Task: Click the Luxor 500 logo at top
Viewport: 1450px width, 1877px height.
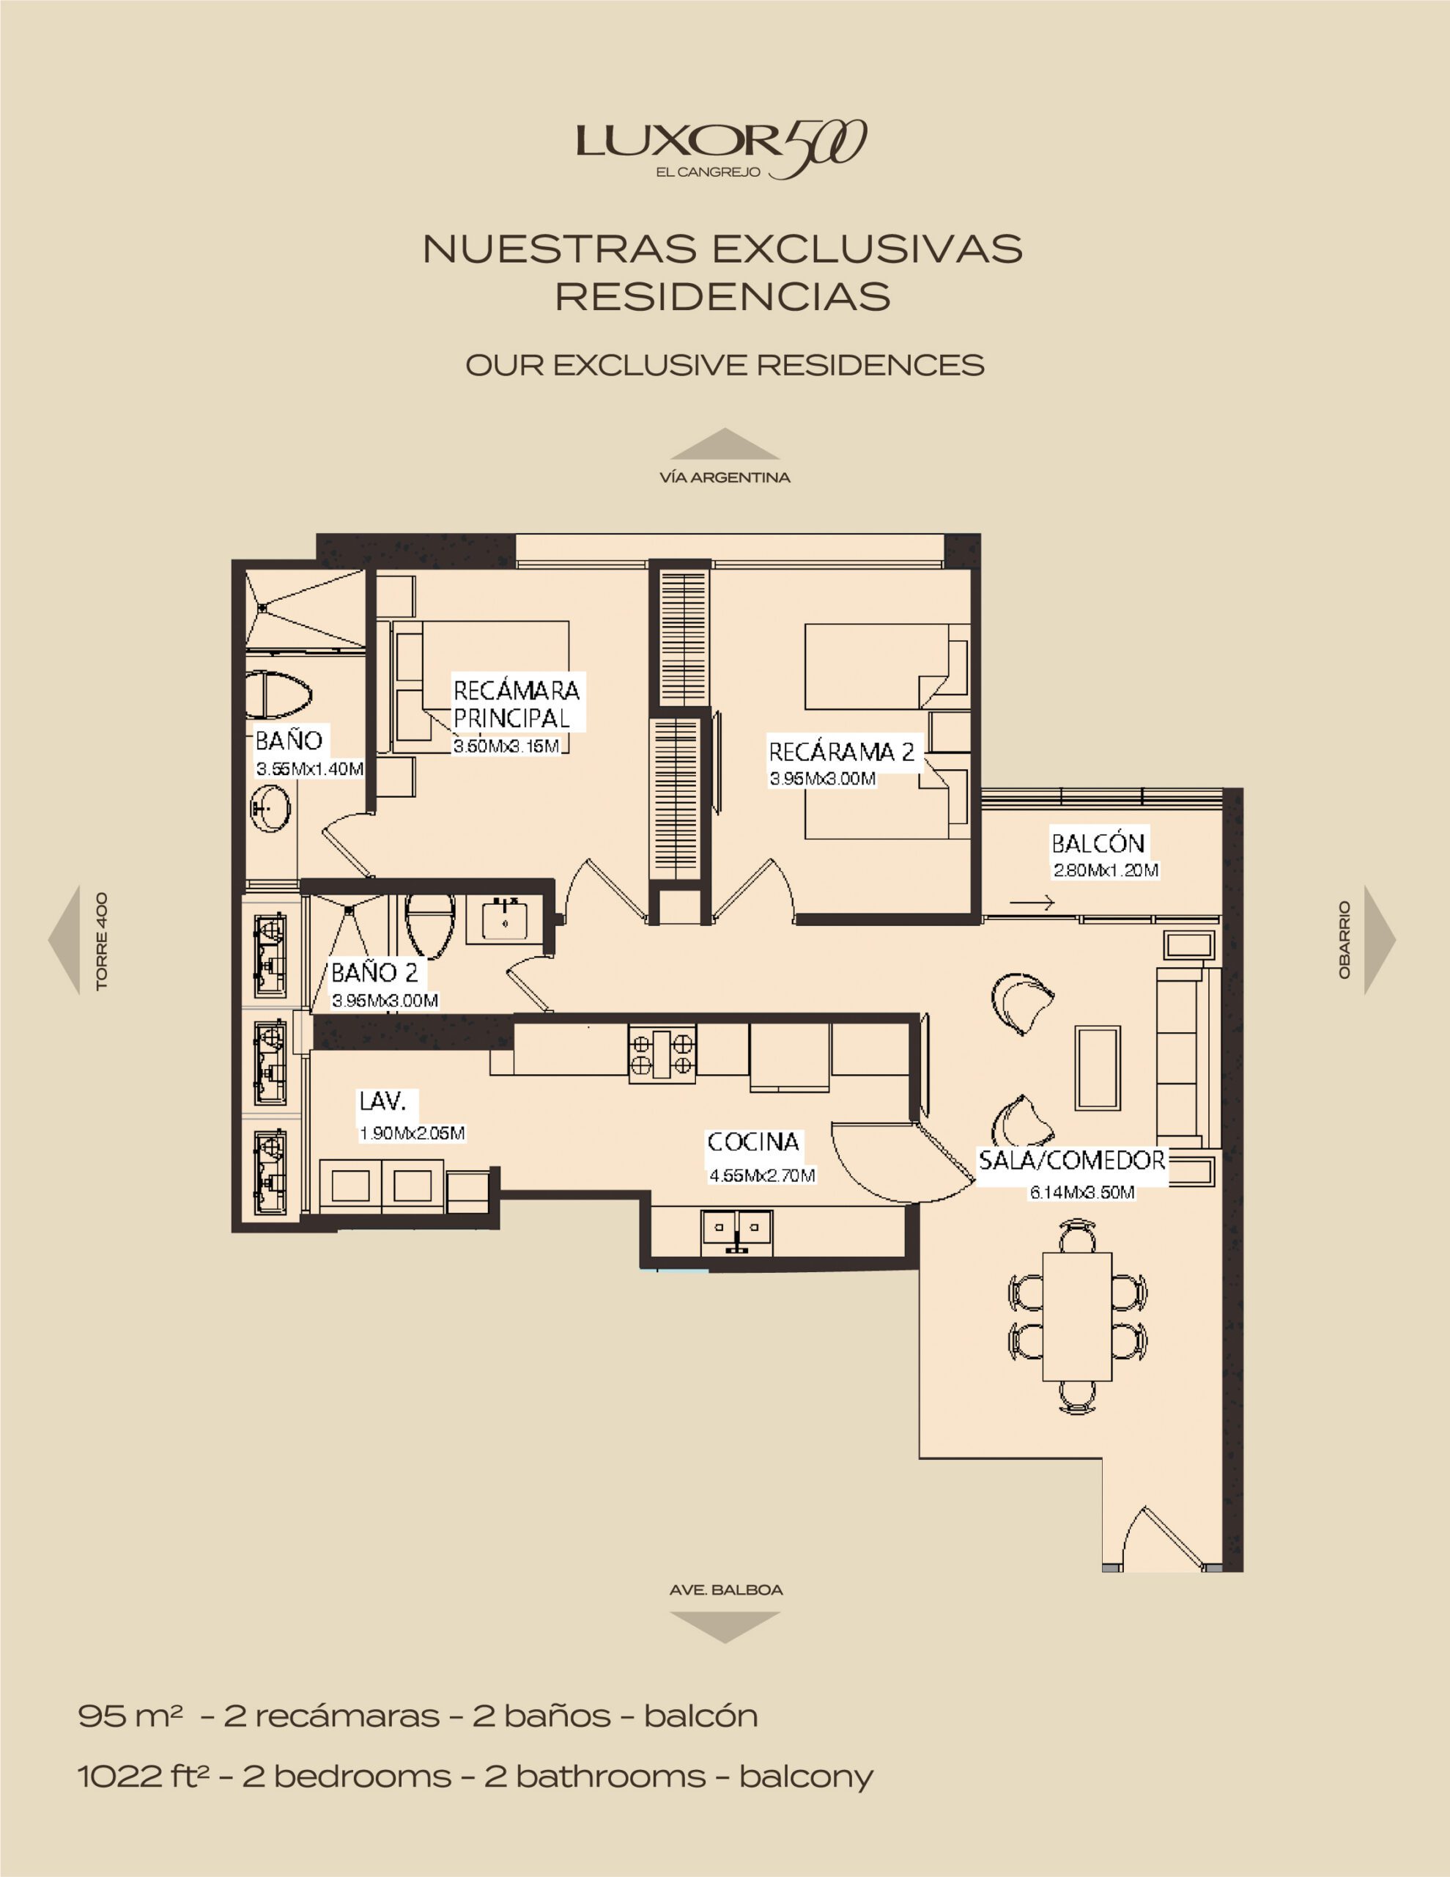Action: pyautogui.click(x=722, y=149)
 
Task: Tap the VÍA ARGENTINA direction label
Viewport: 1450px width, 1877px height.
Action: pyautogui.click(x=725, y=477)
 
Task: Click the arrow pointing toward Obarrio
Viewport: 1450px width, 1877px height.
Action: pyautogui.click(x=1380, y=939)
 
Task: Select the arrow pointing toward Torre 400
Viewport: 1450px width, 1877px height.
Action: pyautogui.click(x=64, y=939)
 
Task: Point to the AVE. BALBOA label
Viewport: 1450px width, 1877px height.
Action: pyautogui.click(x=726, y=1590)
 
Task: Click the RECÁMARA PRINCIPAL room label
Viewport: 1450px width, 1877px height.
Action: pyautogui.click(x=517, y=703)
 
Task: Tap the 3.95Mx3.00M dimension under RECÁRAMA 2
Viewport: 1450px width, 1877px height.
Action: pyautogui.click(x=823, y=779)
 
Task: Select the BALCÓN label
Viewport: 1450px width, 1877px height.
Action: pyautogui.click(x=1098, y=842)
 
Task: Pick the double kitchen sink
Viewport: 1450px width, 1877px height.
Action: pyautogui.click(x=737, y=1231)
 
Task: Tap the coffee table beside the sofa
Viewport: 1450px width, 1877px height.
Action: pyautogui.click(x=1098, y=1068)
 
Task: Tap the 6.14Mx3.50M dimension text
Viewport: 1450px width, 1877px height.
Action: pyautogui.click(x=1082, y=1192)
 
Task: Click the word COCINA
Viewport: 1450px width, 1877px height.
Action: pyautogui.click(x=753, y=1142)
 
